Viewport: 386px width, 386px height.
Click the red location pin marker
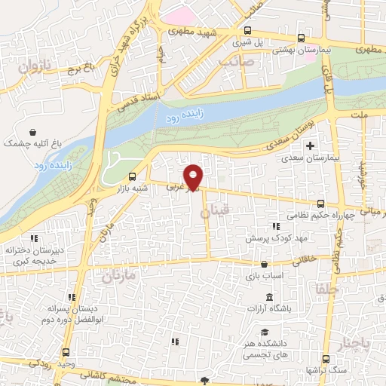194,177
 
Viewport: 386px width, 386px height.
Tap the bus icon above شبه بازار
133,178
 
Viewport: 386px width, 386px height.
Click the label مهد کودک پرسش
266,237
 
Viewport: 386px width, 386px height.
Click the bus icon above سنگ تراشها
326,359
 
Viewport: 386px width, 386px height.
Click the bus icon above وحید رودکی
66,352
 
